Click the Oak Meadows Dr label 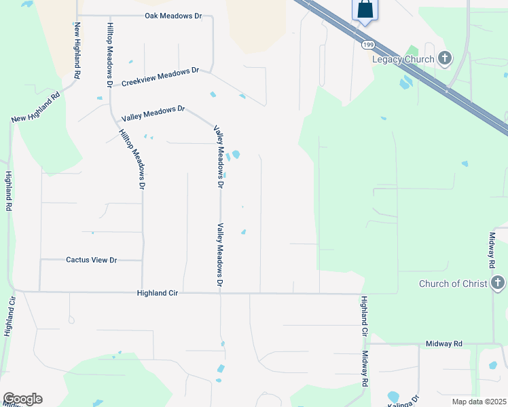[174, 16]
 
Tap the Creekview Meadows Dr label [160, 77]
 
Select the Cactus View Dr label [92, 260]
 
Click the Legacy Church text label [404, 59]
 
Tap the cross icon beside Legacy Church [445, 58]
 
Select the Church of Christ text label [453, 284]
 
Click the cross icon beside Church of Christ [498, 282]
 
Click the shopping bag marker [365, 9]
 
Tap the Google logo [22, 399]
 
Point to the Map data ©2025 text [479, 402]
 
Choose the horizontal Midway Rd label [443, 344]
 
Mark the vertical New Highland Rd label [77, 50]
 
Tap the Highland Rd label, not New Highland [9, 192]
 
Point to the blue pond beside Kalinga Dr [393, 396]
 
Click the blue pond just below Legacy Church [406, 82]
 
